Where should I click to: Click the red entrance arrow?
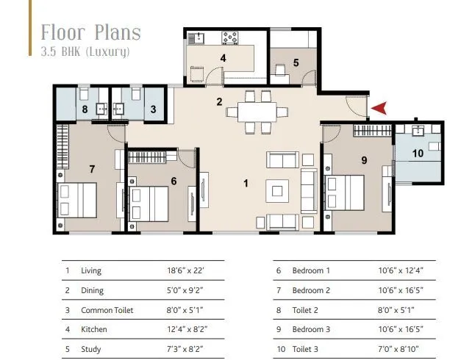(x=379, y=109)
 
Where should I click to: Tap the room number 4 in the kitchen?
(x=223, y=58)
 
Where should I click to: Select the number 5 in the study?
(x=296, y=62)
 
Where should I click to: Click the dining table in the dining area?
(x=253, y=112)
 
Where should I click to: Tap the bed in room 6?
(x=150, y=200)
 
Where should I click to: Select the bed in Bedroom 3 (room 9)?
(x=346, y=192)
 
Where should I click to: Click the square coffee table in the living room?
(x=276, y=191)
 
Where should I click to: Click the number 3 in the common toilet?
(x=153, y=110)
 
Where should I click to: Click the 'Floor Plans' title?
(x=90, y=32)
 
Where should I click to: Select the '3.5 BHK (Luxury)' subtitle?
(x=85, y=51)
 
